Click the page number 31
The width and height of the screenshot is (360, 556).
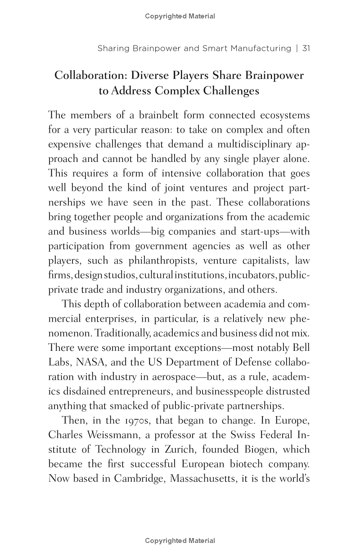(x=306, y=48)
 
